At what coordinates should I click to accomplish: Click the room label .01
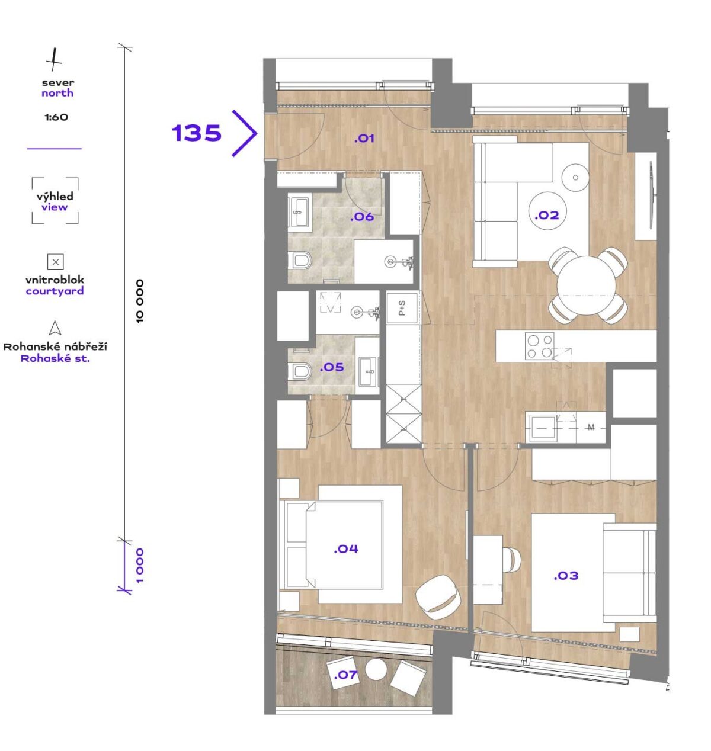point(364,138)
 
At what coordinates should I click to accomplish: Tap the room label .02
point(547,216)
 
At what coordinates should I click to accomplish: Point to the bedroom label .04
point(346,549)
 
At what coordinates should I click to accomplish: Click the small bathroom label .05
point(332,367)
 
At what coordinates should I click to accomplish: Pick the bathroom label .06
point(361,217)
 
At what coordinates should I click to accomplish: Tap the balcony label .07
point(345,675)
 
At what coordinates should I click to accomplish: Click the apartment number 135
point(197,133)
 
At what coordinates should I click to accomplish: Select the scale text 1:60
point(56,117)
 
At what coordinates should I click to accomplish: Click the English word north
point(57,93)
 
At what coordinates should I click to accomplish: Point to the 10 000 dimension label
point(140,301)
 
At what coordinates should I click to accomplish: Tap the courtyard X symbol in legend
point(56,262)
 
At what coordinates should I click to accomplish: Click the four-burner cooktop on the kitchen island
point(539,346)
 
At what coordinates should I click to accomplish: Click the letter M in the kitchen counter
point(591,428)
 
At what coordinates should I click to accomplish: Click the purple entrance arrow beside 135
point(245,133)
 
